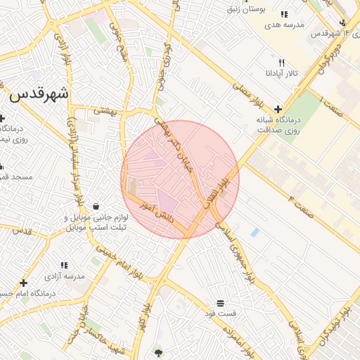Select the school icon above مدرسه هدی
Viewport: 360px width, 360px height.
point(284,14)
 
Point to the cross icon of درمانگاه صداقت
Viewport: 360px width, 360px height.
point(279,109)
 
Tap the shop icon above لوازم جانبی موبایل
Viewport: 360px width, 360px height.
point(96,206)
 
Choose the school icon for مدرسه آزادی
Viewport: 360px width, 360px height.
point(64,265)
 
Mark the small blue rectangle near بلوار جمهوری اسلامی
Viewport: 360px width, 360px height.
point(255,232)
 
